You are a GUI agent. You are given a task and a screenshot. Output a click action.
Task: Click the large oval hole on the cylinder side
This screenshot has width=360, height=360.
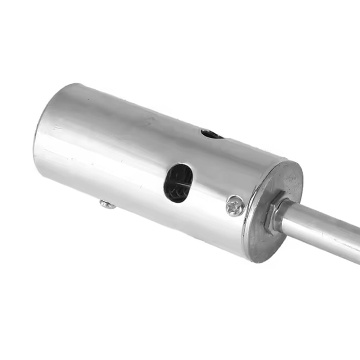(x=178, y=183)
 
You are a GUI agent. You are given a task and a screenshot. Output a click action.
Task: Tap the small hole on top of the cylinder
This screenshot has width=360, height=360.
(x=211, y=134)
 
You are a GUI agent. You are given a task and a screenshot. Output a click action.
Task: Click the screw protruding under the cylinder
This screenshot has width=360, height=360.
(x=107, y=205)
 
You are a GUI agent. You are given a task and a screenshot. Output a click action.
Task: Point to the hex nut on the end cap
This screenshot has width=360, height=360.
(x=273, y=216)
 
